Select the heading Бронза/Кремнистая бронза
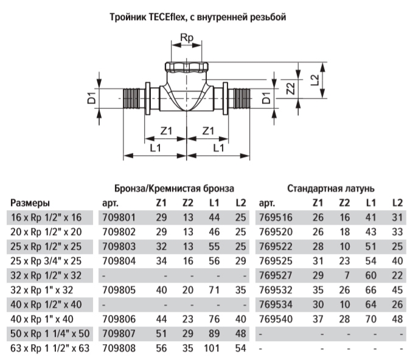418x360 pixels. (x=174, y=189)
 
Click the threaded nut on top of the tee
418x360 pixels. (x=187, y=68)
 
